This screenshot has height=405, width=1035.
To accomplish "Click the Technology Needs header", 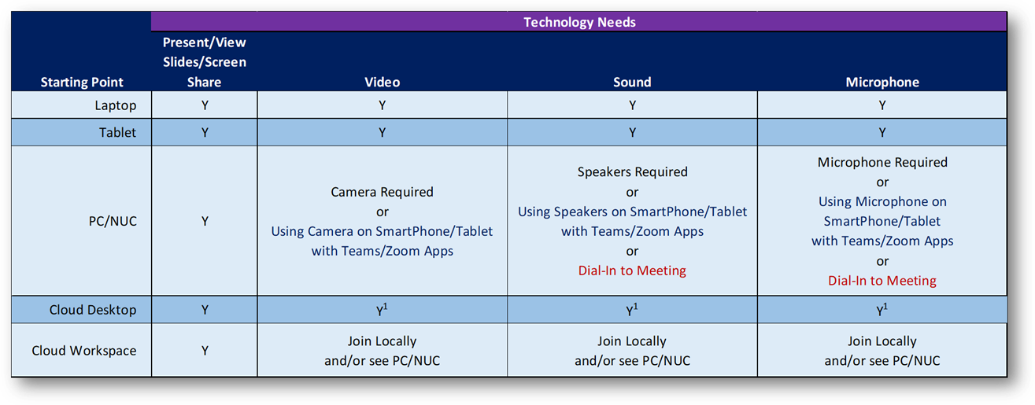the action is click(579, 22).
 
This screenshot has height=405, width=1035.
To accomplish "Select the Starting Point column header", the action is click(82, 83).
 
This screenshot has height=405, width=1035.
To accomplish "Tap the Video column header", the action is click(382, 83).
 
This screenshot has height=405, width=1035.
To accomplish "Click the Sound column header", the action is click(632, 83).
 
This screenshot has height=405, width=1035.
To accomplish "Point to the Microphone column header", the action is click(882, 83).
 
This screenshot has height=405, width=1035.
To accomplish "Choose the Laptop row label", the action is click(116, 105).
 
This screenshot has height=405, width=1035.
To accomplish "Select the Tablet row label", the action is click(118, 133).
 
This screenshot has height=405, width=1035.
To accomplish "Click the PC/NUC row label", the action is click(113, 221).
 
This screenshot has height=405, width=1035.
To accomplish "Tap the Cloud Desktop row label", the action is click(93, 310).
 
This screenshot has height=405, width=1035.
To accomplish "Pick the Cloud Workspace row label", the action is click(84, 351).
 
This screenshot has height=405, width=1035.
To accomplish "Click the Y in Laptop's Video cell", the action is click(382, 105).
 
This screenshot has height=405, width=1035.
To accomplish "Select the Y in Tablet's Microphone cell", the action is click(882, 133).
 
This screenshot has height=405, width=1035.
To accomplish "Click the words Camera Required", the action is click(382, 192).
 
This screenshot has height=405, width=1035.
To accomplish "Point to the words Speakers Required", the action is click(632, 171).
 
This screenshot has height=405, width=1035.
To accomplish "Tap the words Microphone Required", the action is click(882, 162).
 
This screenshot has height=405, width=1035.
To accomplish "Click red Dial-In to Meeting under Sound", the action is click(632, 271).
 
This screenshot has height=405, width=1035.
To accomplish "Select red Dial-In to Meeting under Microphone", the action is click(882, 280).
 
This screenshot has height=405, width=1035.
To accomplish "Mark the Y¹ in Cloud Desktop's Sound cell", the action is click(632, 309).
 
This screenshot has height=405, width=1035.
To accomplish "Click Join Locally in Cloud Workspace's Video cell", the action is click(382, 341).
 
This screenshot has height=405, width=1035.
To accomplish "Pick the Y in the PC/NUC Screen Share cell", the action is click(205, 221).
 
